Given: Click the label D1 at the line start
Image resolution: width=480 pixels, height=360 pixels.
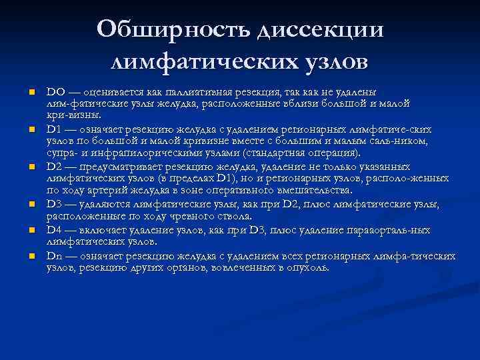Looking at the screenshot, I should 54,128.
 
